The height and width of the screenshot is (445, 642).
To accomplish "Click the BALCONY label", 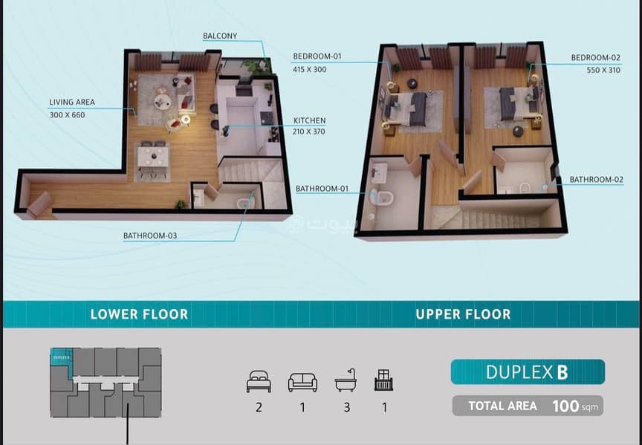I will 220,36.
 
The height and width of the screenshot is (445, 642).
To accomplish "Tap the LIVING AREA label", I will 72,102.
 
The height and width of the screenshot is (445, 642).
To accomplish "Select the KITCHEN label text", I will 309,120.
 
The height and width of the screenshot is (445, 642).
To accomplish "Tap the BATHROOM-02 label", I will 597,179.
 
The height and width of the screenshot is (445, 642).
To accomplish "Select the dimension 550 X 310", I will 602,70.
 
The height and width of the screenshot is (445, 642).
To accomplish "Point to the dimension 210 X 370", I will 309,132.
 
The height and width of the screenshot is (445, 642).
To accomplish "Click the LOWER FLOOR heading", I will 139,314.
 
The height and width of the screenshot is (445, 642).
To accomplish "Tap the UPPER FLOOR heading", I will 463,314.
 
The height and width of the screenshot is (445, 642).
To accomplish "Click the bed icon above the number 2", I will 259,382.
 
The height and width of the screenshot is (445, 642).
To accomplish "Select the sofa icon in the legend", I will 302,382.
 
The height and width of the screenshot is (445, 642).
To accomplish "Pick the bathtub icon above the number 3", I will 346,382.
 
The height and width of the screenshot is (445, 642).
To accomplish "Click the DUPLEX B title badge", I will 527,371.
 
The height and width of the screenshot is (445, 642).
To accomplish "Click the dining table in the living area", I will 152,158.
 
